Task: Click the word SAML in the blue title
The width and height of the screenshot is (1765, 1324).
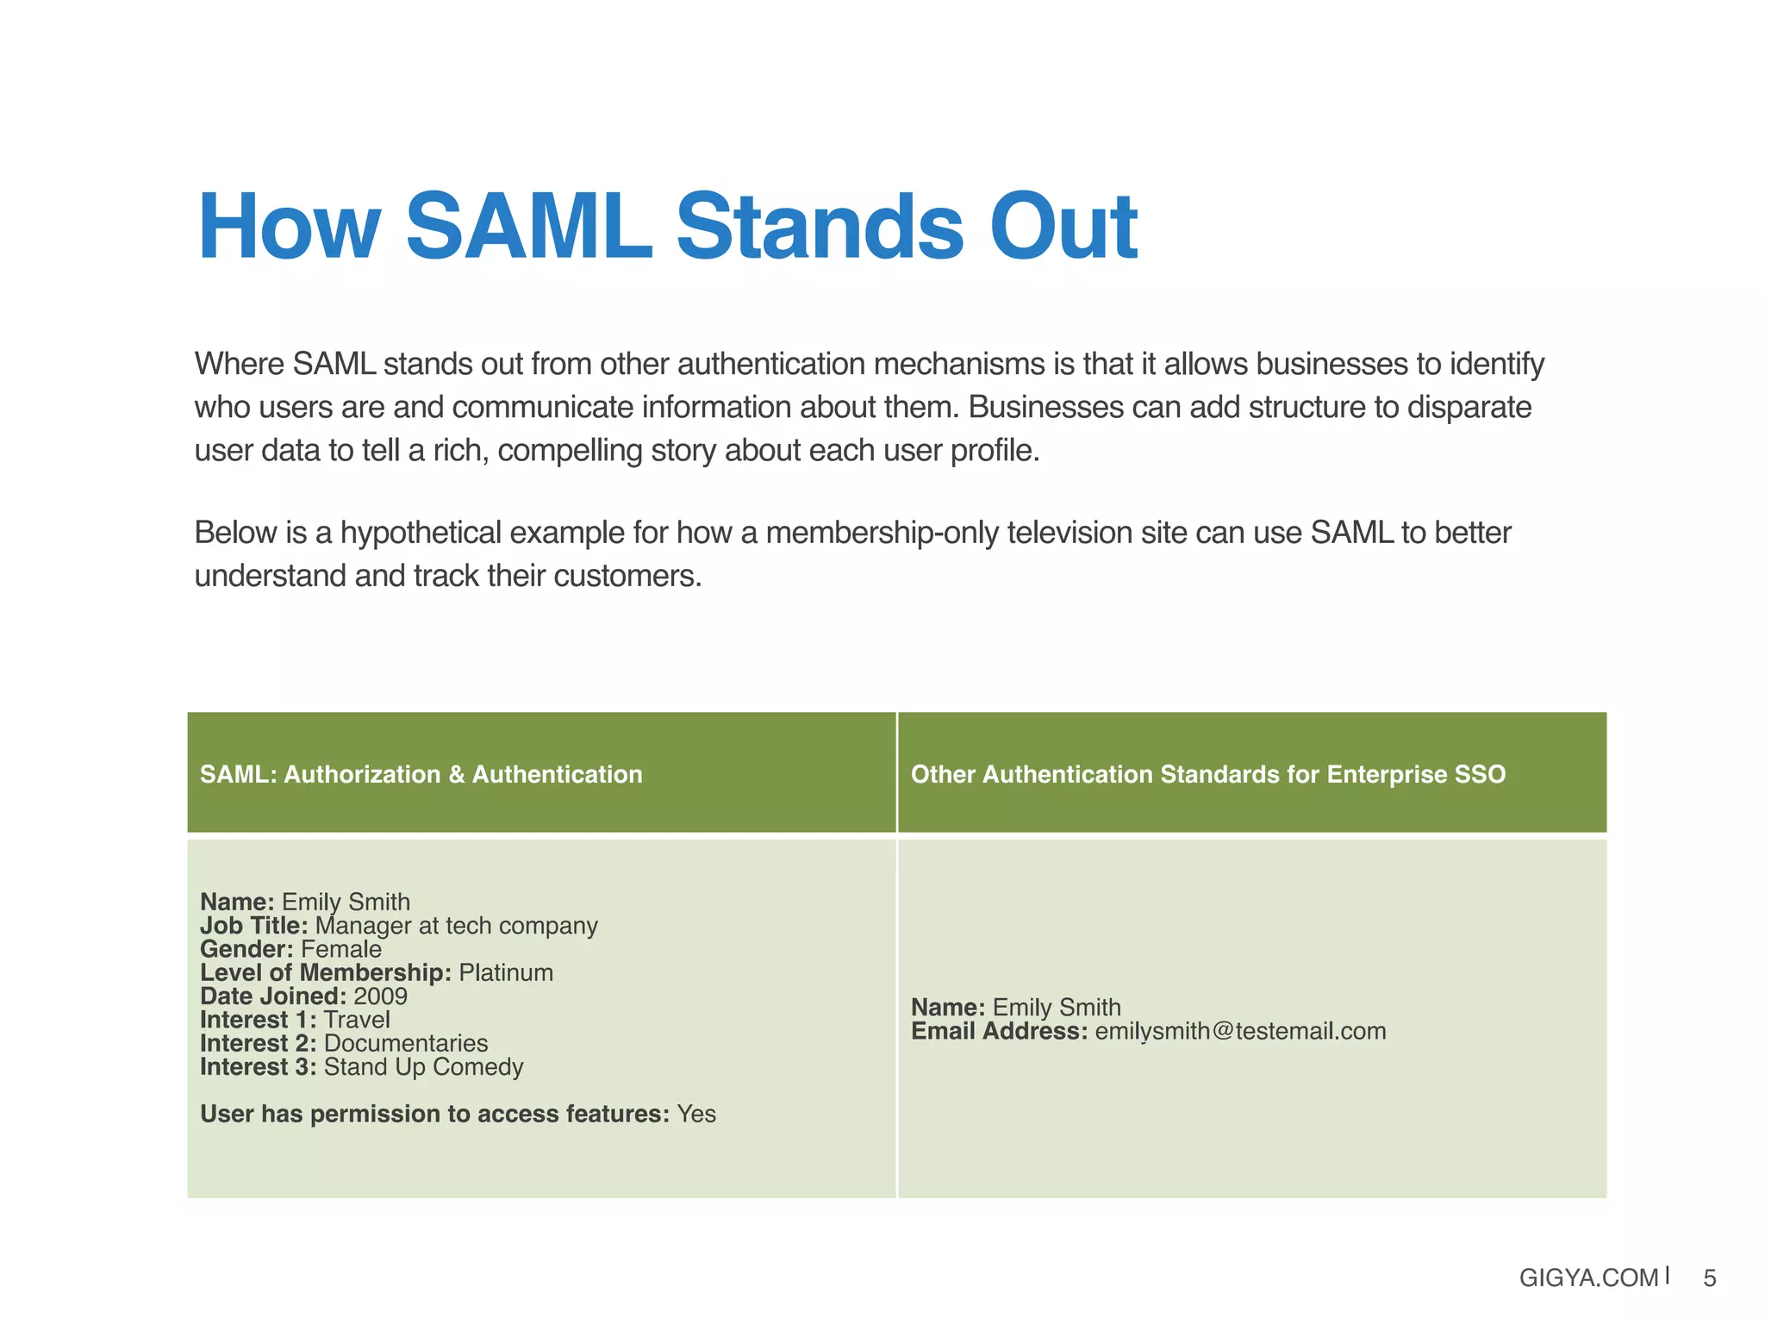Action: coord(528,227)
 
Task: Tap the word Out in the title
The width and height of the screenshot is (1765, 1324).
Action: coord(1063,227)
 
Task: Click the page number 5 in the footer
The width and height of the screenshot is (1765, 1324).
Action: coord(1709,1277)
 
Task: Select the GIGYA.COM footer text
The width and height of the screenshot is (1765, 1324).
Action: coord(1588,1277)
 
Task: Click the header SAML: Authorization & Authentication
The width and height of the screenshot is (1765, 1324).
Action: coord(421,774)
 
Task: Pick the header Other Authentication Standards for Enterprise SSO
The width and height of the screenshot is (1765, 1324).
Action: coord(1207,774)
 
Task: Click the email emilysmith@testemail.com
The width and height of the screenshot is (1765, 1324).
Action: coord(1240,1031)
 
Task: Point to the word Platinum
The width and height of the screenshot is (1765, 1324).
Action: coord(506,972)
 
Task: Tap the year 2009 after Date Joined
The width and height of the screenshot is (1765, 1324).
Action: coord(380,996)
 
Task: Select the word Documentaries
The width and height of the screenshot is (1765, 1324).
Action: coord(406,1043)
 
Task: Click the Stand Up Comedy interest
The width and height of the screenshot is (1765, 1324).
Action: coord(423,1067)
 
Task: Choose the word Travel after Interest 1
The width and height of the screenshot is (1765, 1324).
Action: coord(357,1020)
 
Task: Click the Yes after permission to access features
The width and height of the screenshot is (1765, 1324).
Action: coord(696,1114)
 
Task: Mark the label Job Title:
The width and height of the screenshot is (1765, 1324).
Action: coord(253,926)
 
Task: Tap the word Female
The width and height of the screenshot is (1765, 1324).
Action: coord(341,949)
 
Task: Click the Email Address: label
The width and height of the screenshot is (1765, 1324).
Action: coord(999,1031)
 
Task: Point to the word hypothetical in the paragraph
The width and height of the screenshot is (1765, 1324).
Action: coord(420,533)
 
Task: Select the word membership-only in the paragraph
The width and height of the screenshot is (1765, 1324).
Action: coord(882,533)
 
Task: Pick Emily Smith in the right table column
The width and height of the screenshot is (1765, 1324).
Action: coord(1057,1007)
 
